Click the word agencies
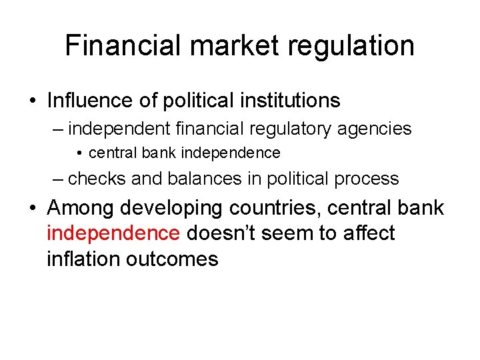coord(381,129)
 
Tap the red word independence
coord(113,233)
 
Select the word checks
coord(98,179)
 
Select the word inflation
coord(83,259)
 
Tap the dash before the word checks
coord(59,179)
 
